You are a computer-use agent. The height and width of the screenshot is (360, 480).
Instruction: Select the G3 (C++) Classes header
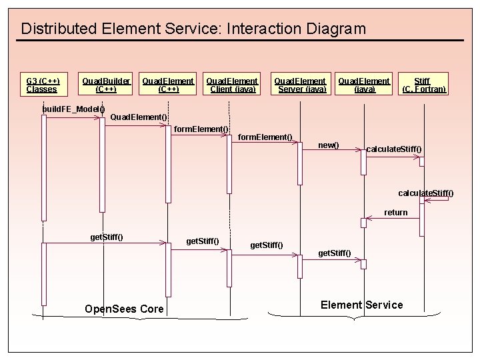pos(43,85)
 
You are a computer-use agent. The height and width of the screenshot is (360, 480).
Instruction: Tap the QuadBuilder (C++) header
pos(106,85)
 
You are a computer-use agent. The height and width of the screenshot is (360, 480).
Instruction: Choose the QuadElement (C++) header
pos(168,85)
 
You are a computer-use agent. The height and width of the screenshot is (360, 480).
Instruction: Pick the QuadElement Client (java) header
pos(231,85)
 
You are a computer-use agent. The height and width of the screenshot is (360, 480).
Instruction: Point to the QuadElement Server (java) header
pos(300,85)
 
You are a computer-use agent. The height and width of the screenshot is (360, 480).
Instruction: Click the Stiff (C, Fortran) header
pos(423,85)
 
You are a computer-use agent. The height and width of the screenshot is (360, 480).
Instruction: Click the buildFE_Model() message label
pos(73,109)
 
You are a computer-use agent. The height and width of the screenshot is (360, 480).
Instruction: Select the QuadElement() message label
pos(138,117)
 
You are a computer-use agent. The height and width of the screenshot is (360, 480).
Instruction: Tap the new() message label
pos(328,145)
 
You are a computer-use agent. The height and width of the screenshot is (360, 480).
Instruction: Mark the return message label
pos(395,213)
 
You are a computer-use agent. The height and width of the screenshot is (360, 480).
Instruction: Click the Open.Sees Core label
pos(124,309)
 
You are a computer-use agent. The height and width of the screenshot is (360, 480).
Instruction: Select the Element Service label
pos(361,305)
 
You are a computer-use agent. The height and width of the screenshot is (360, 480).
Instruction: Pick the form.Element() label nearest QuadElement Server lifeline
pos(265,137)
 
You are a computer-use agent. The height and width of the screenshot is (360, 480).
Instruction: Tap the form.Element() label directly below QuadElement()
pos(201,129)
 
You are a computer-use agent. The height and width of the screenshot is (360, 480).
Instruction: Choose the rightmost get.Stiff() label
pos(335,253)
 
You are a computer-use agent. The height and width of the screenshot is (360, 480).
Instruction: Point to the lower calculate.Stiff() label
pos(425,193)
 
